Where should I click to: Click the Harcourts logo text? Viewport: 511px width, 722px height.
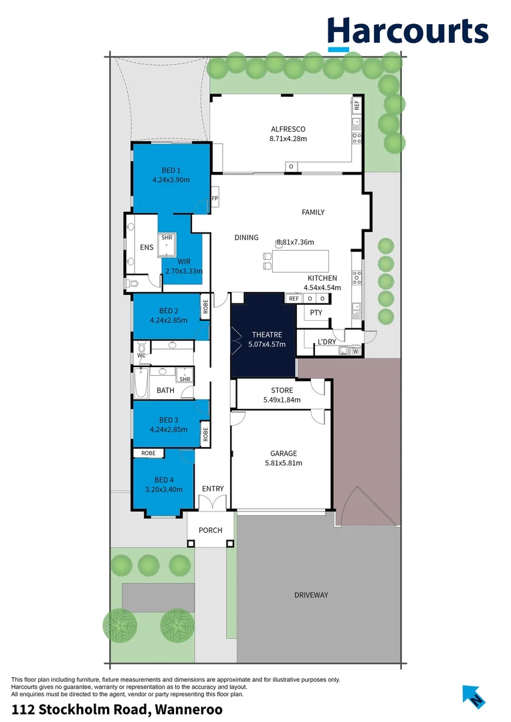tap(407, 31)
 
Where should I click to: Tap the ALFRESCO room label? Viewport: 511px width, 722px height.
tap(288, 129)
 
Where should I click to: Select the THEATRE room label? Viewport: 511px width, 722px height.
tap(267, 334)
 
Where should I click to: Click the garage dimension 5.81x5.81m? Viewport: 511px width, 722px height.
tap(284, 463)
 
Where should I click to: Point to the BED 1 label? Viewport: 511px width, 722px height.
tap(171, 170)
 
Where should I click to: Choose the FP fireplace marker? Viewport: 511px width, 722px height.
tap(215, 199)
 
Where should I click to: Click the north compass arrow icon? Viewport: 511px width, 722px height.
tap(474, 697)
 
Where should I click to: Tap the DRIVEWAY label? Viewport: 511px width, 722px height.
tap(311, 595)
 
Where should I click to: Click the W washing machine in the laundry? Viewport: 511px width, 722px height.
tap(355, 351)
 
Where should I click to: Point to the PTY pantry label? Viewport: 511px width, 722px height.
tap(316, 312)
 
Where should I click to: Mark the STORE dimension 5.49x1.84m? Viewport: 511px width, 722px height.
tap(282, 400)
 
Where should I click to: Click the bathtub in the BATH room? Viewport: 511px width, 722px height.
tap(140, 384)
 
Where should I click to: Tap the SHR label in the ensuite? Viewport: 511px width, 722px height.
tap(167, 237)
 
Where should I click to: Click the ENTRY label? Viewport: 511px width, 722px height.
tap(213, 489)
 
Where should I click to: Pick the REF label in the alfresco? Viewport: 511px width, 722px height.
tap(356, 105)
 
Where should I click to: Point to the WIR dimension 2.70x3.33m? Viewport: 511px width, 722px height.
tap(183, 271)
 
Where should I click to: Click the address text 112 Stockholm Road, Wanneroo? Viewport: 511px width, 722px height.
tap(117, 709)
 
